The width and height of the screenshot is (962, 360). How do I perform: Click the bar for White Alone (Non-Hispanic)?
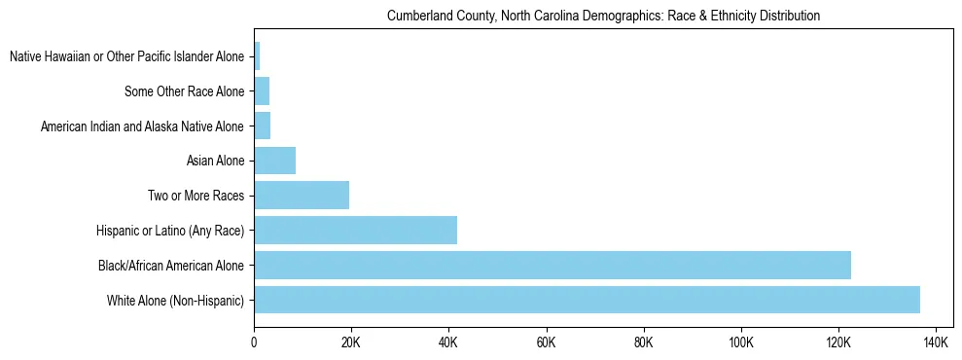click(587, 300)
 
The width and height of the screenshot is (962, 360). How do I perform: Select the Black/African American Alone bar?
click(552, 265)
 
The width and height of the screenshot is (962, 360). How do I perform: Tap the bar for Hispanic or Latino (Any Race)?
click(355, 231)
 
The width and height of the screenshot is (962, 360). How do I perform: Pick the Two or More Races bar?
click(302, 196)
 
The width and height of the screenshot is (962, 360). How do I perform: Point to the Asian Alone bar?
click(274, 161)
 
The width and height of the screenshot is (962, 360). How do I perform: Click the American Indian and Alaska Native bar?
click(263, 126)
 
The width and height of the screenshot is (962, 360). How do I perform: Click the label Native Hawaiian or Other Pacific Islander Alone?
click(126, 57)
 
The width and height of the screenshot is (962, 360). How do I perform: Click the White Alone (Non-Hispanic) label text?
click(175, 300)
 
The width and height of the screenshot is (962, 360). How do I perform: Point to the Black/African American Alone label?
click(170, 265)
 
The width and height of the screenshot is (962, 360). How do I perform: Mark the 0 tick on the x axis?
click(254, 342)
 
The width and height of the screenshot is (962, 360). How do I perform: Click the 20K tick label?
click(351, 342)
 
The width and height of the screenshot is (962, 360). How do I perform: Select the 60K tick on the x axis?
click(546, 342)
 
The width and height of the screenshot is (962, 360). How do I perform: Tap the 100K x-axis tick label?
click(741, 342)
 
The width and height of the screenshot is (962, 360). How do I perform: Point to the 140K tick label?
click(936, 342)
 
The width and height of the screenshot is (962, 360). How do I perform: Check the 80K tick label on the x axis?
click(643, 342)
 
